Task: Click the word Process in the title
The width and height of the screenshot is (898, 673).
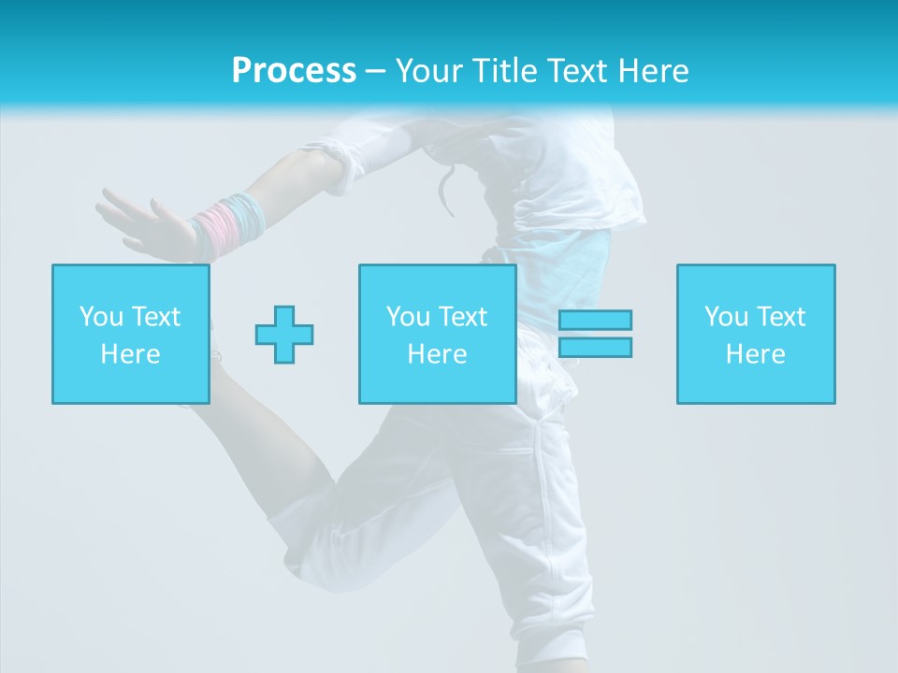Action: coord(294,71)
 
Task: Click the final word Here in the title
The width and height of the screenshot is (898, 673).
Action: coord(654,71)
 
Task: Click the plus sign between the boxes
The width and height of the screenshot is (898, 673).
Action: coord(284,334)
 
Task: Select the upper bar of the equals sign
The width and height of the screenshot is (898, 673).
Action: coord(595,320)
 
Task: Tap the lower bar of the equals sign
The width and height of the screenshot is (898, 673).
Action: coord(595,347)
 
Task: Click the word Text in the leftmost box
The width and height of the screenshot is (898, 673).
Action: coord(155,317)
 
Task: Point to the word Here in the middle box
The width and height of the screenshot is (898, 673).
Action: coord(438,354)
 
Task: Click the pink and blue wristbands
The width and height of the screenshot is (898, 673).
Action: coord(229,225)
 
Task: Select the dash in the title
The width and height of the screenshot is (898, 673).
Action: coord(375,71)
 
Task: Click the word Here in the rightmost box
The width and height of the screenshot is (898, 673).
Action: coord(756,354)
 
